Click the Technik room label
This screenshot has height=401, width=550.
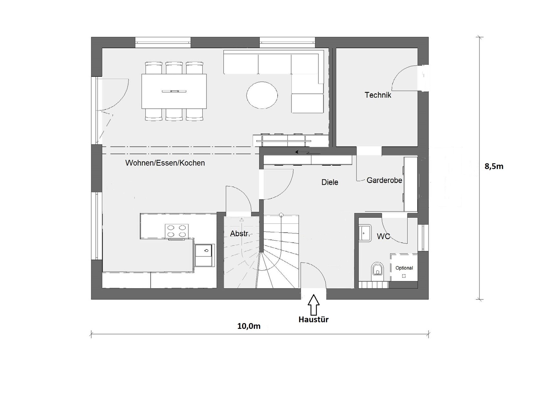(x=378, y=95)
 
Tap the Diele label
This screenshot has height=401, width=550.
(x=330, y=182)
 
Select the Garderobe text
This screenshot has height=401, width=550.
(x=384, y=180)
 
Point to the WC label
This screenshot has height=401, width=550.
(x=383, y=237)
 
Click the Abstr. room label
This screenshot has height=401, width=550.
(x=240, y=233)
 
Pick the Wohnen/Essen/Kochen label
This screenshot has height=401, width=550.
(x=165, y=163)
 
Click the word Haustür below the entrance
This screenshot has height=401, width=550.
(x=313, y=320)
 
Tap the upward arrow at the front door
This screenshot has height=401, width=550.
(x=313, y=305)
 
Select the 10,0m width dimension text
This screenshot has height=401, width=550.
(x=249, y=326)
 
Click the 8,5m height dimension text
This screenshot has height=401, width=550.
(x=494, y=167)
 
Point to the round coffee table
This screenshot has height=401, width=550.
(x=262, y=95)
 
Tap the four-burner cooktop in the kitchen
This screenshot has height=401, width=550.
(x=177, y=231)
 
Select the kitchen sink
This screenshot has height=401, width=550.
(x=204, y=255)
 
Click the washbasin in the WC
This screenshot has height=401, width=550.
(x=365, y=233)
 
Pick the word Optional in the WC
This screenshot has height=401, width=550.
(x=404, y=268)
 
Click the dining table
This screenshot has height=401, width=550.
(x=174, y=91)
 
